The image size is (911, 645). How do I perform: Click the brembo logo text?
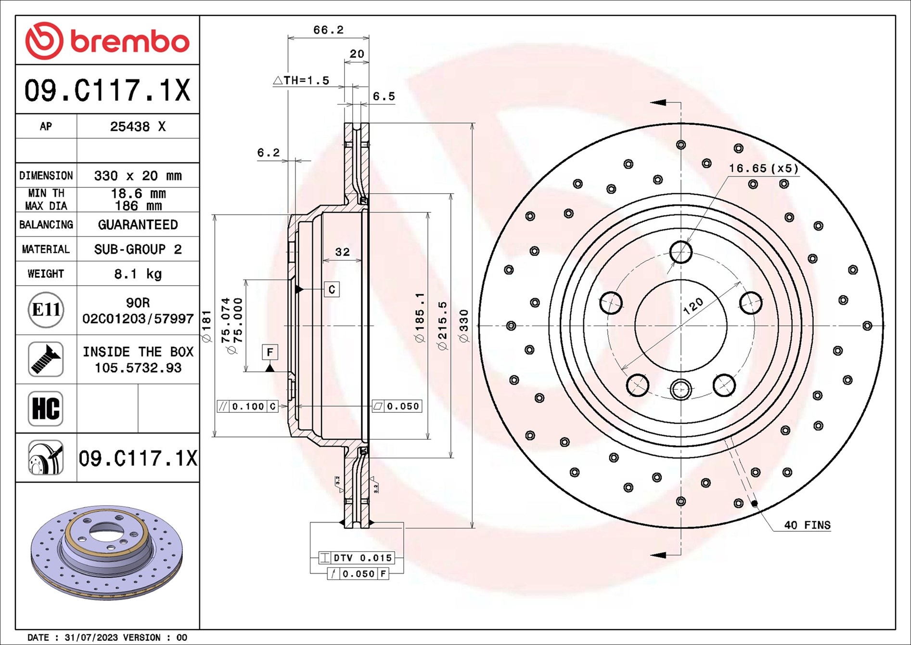tap(130, 41)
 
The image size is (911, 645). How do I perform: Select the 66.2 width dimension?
tap(328, 30)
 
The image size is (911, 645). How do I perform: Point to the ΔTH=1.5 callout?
tap(302, 80)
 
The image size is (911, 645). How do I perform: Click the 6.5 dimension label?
tap(384, 96)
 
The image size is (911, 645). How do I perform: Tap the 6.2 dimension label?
tap(268, 153)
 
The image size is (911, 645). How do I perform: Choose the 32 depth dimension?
tap(342, 252)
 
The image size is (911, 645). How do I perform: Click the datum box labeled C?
tap(332, 289)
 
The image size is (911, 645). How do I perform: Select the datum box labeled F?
tap(270, 352)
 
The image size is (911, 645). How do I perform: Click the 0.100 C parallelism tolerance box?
tap(247, 406)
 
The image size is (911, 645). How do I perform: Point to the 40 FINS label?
tap(807, 525)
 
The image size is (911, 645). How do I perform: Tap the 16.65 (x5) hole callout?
tap(763, 168)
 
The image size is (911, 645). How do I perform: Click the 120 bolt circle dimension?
tap(693, 306)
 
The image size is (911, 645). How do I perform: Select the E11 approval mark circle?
tap(46, 310)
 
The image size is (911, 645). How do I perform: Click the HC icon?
tap(46, 408)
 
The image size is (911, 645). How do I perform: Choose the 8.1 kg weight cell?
tap(138, 274)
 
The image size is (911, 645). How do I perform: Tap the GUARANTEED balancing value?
tap(138, 224)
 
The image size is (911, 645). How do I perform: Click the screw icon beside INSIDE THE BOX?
tap(46, 359)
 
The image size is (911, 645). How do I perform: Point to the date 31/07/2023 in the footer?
tap(91, 637)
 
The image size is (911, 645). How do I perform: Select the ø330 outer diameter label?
tap(464, 326)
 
